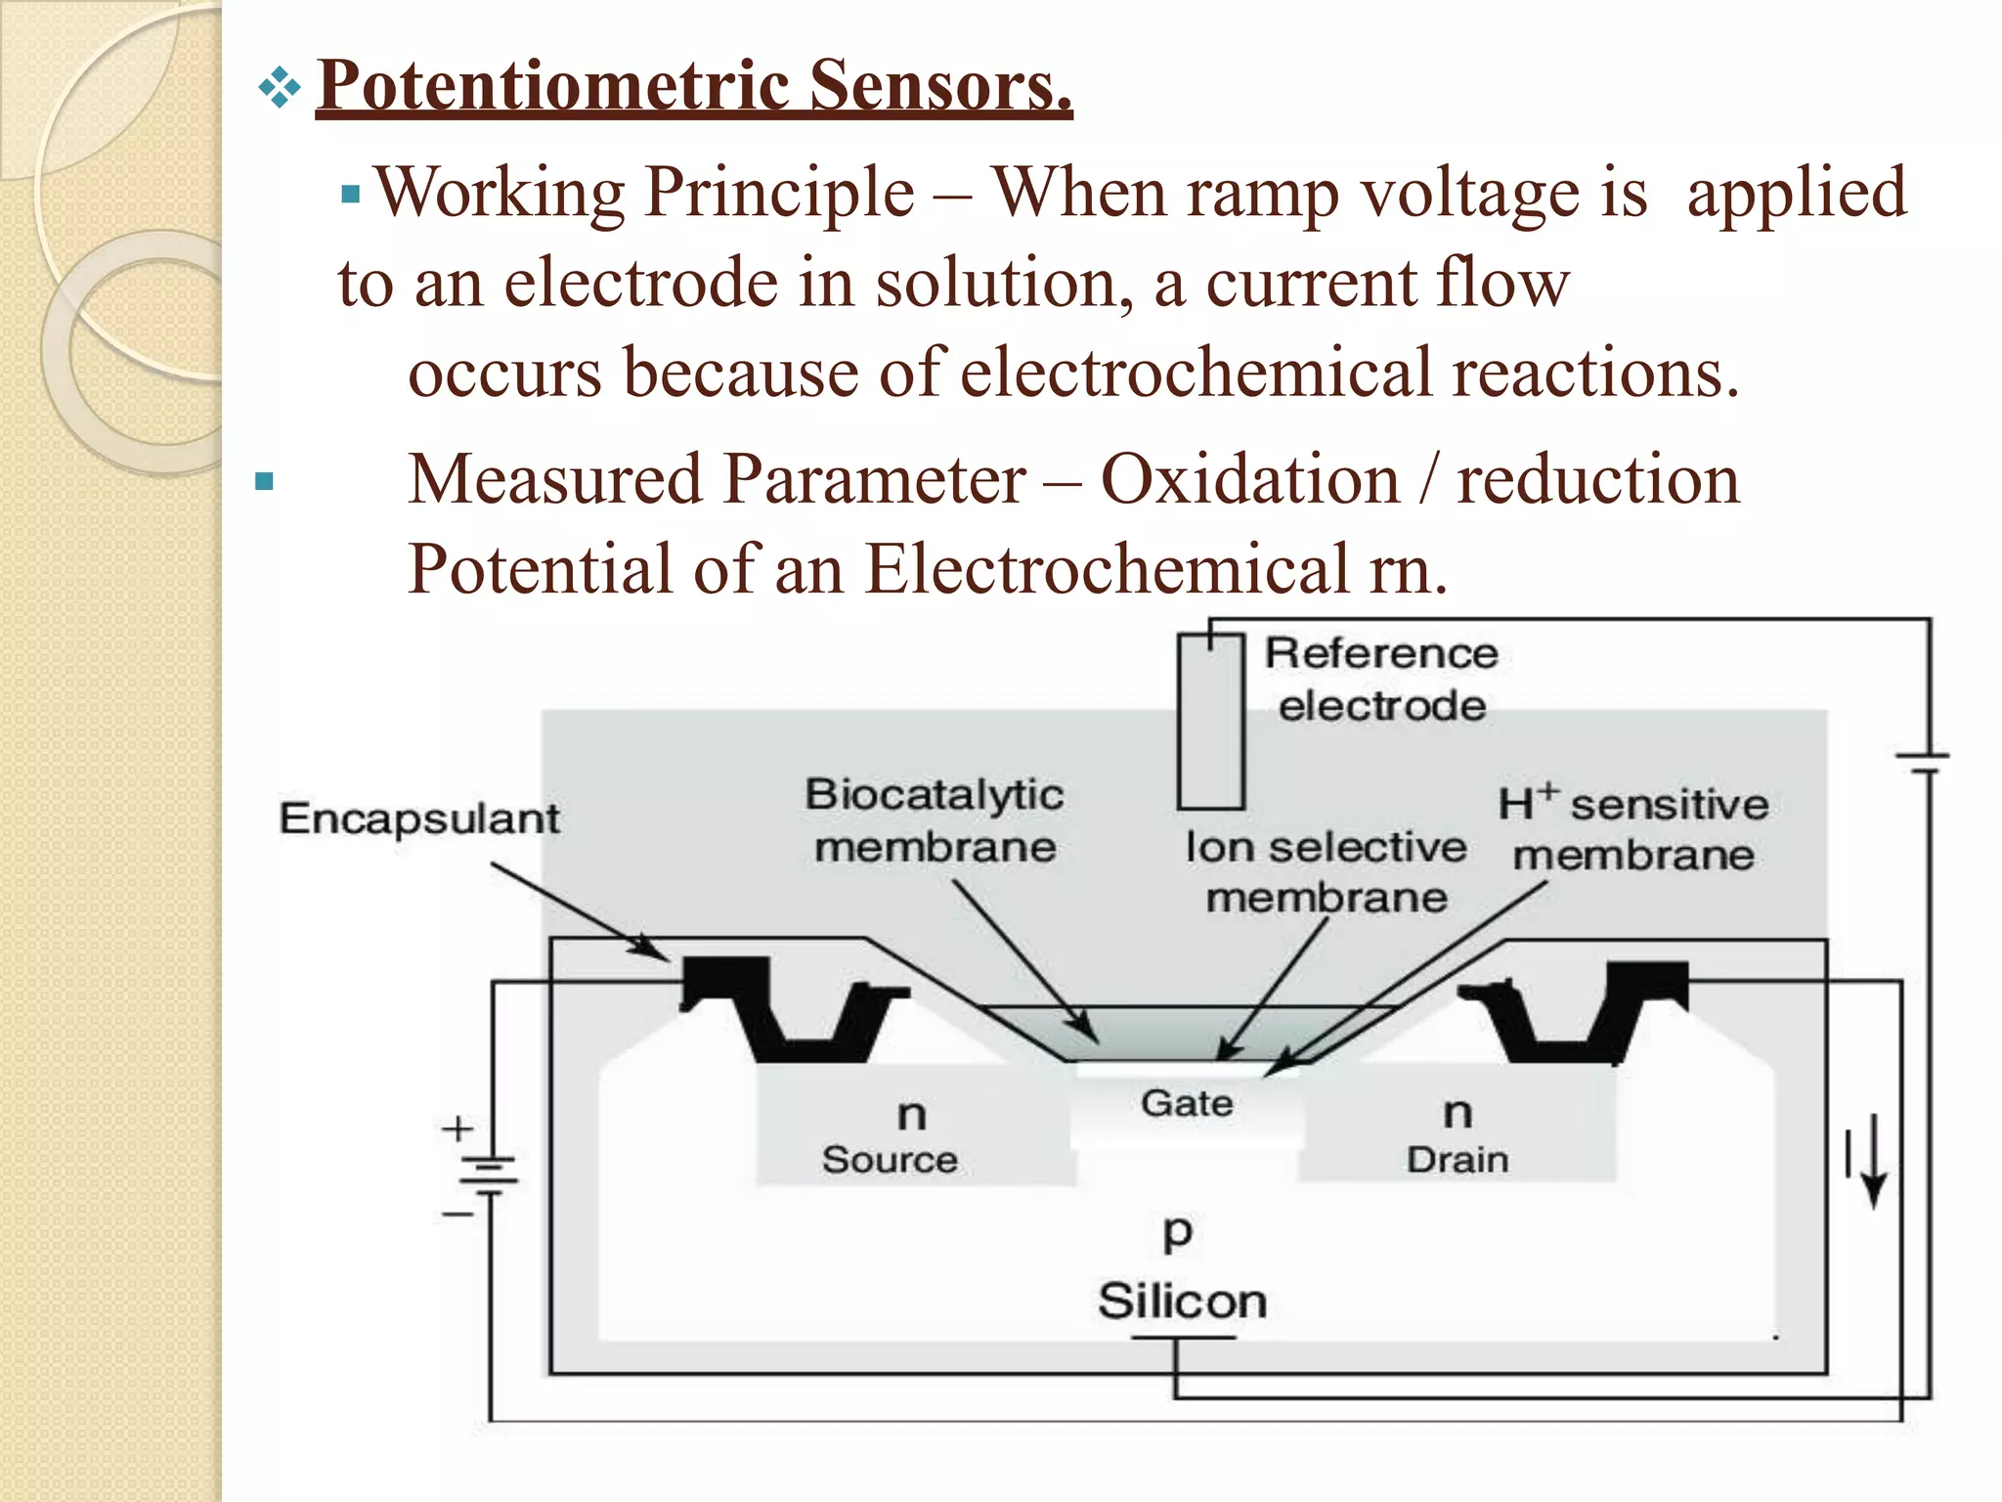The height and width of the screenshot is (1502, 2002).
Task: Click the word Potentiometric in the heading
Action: (x=553, y=86)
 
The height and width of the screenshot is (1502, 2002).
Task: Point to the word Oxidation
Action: (x=1250, y=480)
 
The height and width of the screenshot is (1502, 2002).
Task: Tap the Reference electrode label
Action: (x=1380, y=679)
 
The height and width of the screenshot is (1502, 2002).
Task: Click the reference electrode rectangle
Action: (x=1210, y=724)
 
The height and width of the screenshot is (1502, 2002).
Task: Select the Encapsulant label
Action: (x=419, y=818)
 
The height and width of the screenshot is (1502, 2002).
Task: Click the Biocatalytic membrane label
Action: (x=935, y=819)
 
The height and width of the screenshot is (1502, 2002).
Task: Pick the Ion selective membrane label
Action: (x=1326, y=871)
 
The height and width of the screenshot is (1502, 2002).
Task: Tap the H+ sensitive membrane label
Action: (x=1633, y=829)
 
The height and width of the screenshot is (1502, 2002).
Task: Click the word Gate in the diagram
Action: (x=1187, y=1103)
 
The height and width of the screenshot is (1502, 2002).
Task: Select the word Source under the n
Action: (x=890, y=1160)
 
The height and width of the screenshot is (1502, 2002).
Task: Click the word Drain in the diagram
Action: (x=1458, y=1160)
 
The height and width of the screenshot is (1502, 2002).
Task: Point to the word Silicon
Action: (x=1182, y=1302)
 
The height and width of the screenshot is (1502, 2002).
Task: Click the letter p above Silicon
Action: (x=1178, y=1232)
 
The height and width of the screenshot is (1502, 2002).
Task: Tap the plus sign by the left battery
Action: (x=457, y=1129)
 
